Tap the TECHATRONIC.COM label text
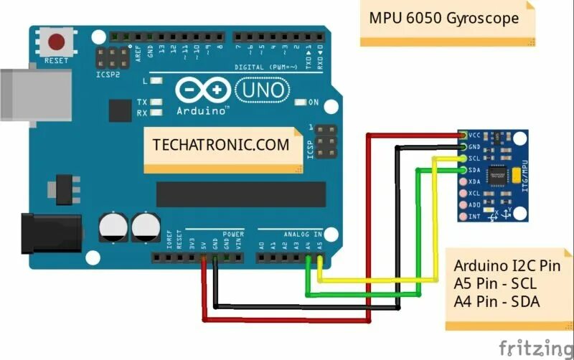click(220, 144)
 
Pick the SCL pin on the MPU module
click(464, 158)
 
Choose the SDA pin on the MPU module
click(464, 170)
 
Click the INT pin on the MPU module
click(464, 216)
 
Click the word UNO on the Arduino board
click(262, 90)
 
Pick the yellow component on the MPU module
click(519, 174)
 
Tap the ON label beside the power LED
click(313, 103)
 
